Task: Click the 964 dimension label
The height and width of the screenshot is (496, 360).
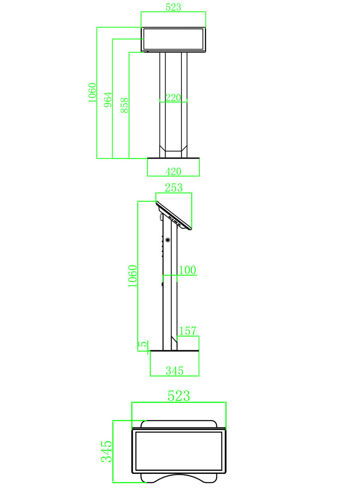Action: coord(108,99)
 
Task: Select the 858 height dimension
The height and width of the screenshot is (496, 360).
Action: coord(125,104)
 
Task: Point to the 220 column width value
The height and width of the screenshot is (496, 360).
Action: coord(173,98)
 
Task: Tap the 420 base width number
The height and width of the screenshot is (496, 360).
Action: coord(173,171)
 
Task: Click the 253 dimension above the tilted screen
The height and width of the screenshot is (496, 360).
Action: coord(174,188)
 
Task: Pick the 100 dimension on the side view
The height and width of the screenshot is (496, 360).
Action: coord(188,270)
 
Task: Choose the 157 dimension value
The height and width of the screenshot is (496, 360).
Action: coord(188,331)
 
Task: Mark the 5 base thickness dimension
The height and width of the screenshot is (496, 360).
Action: coord(143,345)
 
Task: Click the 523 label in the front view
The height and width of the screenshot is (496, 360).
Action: coord(173,7)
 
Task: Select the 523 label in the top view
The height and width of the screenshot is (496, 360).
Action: coord(179,396)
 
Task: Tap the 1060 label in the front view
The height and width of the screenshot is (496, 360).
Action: coord(92,93)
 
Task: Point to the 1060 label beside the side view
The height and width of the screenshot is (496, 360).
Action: coord(132,276)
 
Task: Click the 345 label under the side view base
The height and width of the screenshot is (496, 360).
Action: coord(175,370)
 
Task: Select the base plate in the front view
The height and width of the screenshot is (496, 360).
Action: coord(173,158)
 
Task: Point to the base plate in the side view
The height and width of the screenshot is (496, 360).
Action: coord(175,351)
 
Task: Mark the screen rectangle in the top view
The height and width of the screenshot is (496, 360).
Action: coord(179,451)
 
